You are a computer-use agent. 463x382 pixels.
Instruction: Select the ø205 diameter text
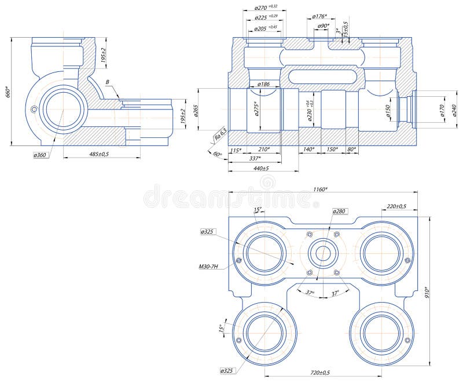pyautogui.click(x=266, y=28)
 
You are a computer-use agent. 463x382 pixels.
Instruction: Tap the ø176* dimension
pyautogui.click(x=319, y=16)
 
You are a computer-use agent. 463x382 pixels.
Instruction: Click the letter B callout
pyautogui.click(x=107, y=82)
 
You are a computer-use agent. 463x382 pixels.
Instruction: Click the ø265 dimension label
pyautogui.click(x=196, y=110)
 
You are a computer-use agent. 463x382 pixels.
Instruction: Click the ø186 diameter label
pyautogui.click(x=263, y=85)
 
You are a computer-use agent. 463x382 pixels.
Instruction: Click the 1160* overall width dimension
pyautogui.click(x=320, y=189)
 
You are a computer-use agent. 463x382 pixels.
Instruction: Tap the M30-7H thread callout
pyautogui.click(x=211, y=267)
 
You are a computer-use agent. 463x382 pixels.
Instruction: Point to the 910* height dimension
pyautogui.click(x=428, y=293)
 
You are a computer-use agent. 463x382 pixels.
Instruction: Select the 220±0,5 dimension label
pyautogui.click(x=396, y=206)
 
